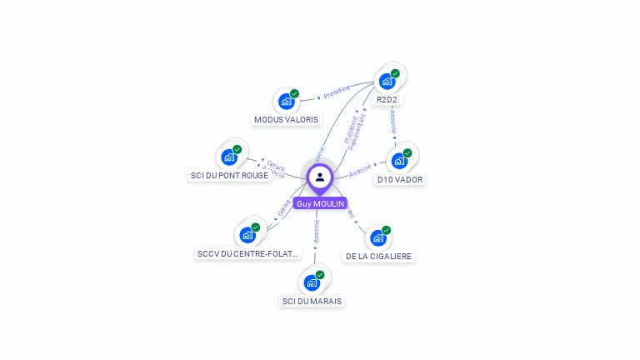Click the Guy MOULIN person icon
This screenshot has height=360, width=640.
click(320, 177)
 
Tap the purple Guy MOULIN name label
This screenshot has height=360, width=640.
click(320, 203)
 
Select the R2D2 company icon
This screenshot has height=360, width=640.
click(387, 81)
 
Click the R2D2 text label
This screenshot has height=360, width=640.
click(387, 100)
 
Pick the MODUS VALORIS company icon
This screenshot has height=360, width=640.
click(287, 102)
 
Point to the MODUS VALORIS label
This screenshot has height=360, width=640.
click(287, 120)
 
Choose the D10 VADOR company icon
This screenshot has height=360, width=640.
click(399, 161)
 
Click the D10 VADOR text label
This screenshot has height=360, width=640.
click(400, 180)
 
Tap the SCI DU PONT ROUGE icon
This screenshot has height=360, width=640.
click(229, 157)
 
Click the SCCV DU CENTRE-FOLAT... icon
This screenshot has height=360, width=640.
click(247, 234)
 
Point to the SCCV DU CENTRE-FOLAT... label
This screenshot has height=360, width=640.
click(247, 253)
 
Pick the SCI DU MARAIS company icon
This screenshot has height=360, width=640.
click(312, 282)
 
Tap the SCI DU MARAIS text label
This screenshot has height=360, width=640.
click(312, 301)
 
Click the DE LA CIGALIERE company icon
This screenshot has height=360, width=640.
click(378, 238)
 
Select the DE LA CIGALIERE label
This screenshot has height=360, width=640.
click(378, 257)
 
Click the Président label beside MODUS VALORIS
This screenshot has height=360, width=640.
click(336, 92)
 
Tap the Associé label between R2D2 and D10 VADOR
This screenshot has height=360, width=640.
click(393, 122)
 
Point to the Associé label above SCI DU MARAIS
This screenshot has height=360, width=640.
click(317, 231)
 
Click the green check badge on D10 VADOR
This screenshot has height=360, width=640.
click(407, 153)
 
